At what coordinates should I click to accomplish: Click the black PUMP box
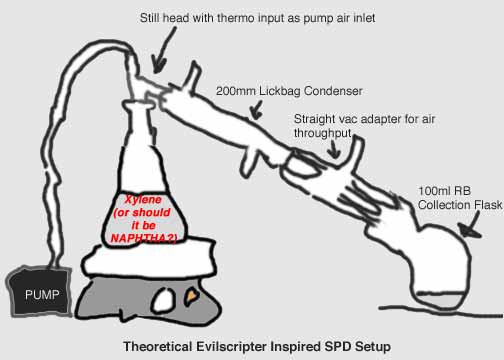[39, 291]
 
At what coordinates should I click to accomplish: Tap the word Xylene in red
[143, 199]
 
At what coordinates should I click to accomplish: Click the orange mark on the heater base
[192, 296]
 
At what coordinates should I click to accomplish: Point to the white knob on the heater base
[164, 299]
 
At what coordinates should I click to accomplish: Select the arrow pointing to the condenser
[256, 110]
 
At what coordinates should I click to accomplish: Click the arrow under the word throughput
[334, 148]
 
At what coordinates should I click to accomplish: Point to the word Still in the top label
[149, 18]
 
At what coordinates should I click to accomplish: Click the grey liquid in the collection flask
[439, 299]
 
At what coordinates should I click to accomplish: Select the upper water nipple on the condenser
[192, 76]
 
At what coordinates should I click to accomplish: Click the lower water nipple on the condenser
[248, 161]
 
